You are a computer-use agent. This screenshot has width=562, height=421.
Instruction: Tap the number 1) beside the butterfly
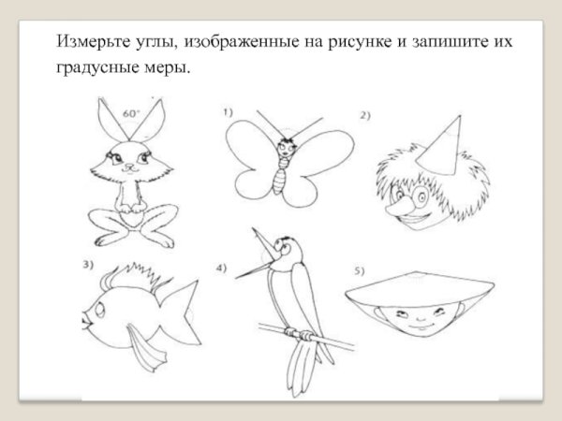tap(228, 111)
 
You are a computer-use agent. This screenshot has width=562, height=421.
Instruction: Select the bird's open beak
tap(263, 258)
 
